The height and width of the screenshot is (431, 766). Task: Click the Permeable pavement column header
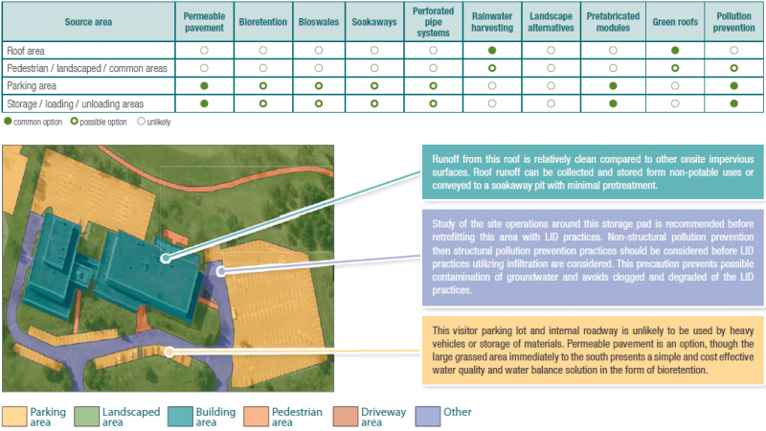(204, 22)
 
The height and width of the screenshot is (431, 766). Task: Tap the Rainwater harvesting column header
(491, 22)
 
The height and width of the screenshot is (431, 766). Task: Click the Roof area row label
(28, 49)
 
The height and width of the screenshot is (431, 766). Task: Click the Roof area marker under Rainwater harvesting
(491, 50)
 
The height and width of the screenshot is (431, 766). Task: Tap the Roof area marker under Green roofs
(674, 50)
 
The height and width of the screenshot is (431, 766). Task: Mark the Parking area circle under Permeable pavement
(204, 86)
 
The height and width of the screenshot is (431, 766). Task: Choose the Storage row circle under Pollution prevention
(733, 103)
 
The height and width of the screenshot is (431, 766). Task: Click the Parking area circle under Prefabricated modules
(613, 86)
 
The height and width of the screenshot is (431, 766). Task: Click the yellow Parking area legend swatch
(14, 416)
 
